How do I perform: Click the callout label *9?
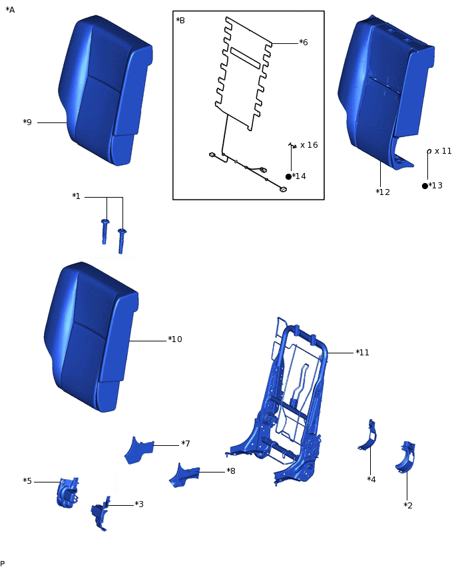pos(27,122)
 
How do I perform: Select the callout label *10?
pos(175,339)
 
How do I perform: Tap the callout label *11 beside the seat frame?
pos(363,353)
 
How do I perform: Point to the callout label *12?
pos(383,192)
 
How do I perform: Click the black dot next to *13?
pos(425,186)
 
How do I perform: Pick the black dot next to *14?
pos(288,176)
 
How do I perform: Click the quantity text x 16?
pos(309,145)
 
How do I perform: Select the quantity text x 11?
pos(443,151)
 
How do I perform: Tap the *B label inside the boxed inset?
pos(180,20)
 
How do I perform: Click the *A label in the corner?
pos(10,10)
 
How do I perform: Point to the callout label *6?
pos(303,43)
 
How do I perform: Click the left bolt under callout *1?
pos(105,231)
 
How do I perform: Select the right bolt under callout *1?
pos(122,240)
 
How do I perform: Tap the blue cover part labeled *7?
pos(138,450)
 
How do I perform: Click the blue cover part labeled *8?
pos(184,475)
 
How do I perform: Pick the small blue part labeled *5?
pos(68,492)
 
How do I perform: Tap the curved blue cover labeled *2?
pos(405,457)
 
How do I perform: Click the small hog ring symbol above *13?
pos(429,151)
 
